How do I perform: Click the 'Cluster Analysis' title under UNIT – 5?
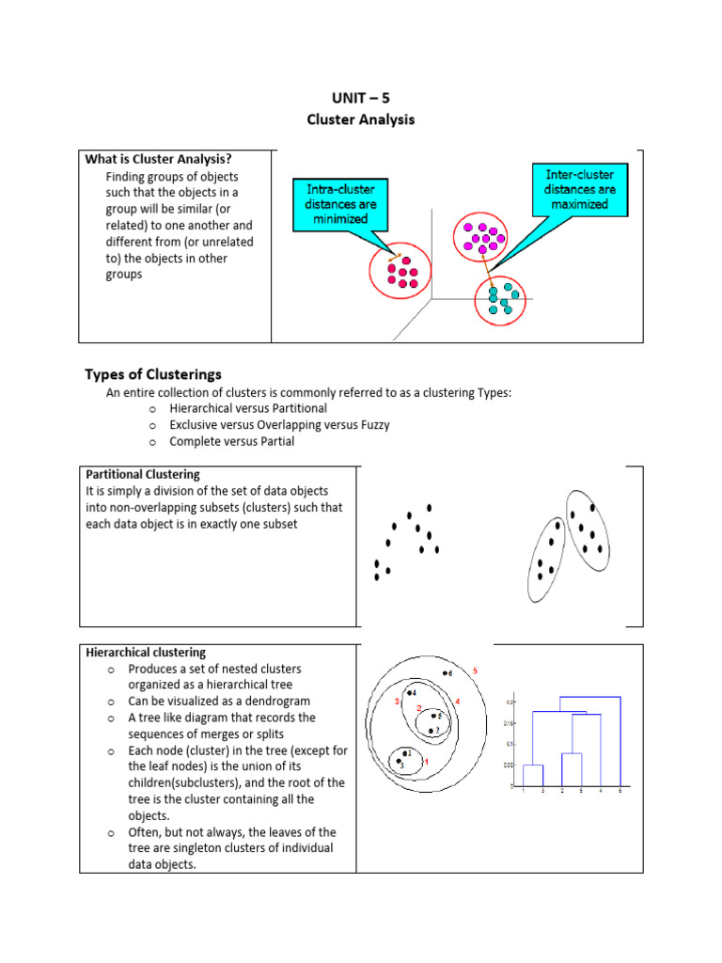[360, 119]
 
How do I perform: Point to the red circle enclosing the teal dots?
[500, 298]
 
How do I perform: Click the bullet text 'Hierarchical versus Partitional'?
[248, 409]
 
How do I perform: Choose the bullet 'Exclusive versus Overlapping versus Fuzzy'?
[279, 425]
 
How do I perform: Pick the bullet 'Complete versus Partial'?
[231, 441]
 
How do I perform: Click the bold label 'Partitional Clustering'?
[143, 474]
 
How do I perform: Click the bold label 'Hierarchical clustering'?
[146, 652]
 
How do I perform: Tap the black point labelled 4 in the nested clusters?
[409, 693]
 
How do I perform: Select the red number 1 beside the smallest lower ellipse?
[427, 762]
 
